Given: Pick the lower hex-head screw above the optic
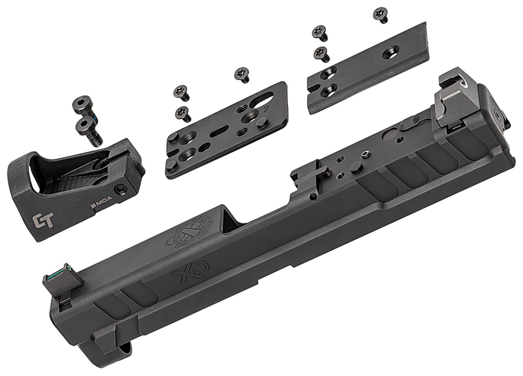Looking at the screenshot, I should pos(86,125).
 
